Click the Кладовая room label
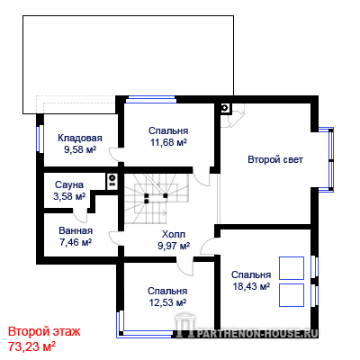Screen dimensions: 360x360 pos(80,138)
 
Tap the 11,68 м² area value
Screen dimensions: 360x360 pos(168,142)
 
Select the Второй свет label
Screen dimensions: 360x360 pos(275,159)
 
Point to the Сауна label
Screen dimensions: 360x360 pos(69,184)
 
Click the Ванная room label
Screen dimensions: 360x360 pos(76,230)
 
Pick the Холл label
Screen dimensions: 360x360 pos(174,234)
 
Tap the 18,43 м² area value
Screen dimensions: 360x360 pos(251,286)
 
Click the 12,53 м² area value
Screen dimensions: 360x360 pos(168,302)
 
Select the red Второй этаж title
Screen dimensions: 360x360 pos(44,332)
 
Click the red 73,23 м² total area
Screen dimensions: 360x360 pos(31,346)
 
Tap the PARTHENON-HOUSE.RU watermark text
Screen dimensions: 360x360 pos(257,333)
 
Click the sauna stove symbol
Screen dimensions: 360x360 pos(112,181)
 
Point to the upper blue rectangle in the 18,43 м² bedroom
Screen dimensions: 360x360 pos(292,268)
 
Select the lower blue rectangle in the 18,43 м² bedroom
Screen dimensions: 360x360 pos(292,295)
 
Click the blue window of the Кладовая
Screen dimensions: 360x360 pos(40,139)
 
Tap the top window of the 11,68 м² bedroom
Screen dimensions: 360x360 pos(150,99)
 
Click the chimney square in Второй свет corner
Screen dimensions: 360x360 pos(225,108)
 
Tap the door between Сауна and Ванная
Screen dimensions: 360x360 pos(80,217)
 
